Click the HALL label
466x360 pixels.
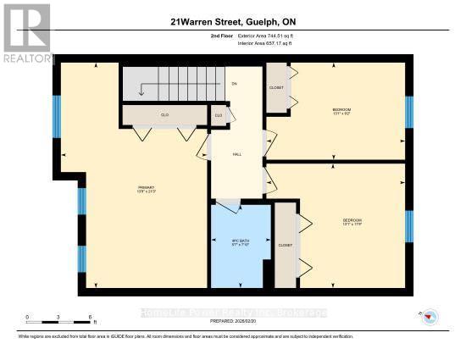coord(238,155)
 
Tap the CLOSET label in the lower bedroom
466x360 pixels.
coord(285,245)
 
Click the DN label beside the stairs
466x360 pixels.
coord(233,85)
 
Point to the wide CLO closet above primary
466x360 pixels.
coord(165,114)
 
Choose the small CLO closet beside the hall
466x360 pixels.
coord(219,115)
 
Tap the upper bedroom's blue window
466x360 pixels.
coord(408,110)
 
